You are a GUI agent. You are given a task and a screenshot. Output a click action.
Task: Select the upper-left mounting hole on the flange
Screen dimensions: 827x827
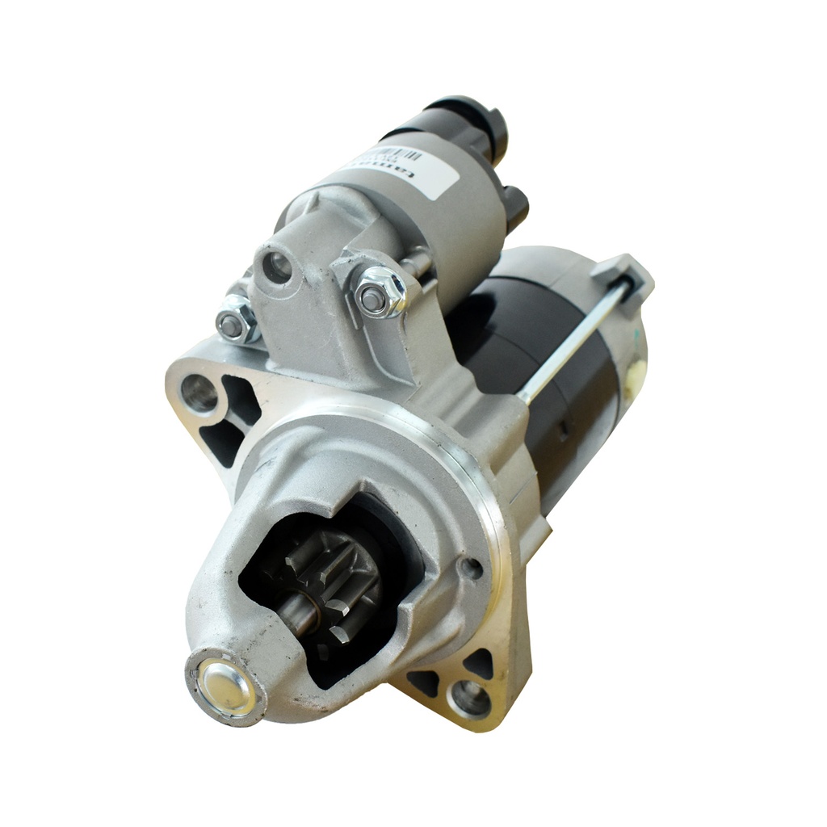click(199, 393)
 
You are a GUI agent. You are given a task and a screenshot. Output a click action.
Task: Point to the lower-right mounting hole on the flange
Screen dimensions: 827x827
click(470, 697)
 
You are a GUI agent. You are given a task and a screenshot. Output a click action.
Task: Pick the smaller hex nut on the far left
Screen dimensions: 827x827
click(235, 321)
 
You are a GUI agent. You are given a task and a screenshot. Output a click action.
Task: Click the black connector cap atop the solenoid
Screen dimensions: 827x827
click(472, 121)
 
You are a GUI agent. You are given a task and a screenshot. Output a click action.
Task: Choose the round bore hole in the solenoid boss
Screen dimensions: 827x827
click(277, 267)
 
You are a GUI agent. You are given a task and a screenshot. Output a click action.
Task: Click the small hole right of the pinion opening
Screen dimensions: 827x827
click(470, 569)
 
